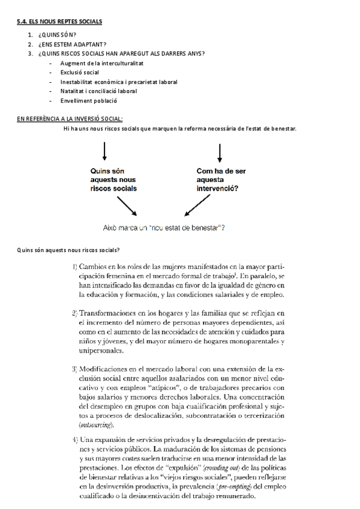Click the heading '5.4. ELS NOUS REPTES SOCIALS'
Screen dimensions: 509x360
click(x=59, y=22)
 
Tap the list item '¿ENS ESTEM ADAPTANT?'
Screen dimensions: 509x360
click(x=71, y=44)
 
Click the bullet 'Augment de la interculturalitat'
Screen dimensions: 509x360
click(x=101, y=63)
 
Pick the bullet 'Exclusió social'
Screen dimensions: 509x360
click(x=80, y=72)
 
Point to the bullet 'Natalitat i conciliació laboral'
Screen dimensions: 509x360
click(x=98, y=91)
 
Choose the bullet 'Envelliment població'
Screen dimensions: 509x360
click(x=88, y=101)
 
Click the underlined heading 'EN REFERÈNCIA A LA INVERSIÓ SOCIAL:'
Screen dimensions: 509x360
click(x=70, y=119)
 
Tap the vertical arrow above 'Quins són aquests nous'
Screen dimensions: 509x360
click(x=105, y=151)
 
